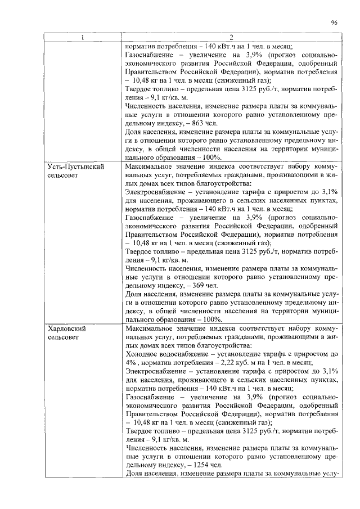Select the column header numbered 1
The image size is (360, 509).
click(x=83, y=38)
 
